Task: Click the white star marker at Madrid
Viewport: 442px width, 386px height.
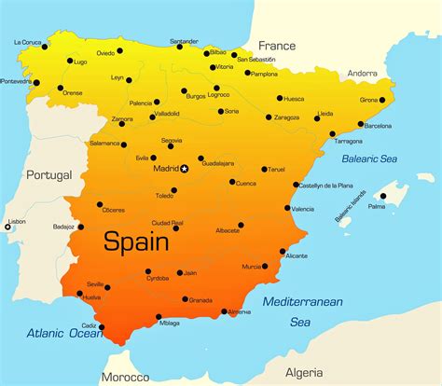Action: (x=185, y=169)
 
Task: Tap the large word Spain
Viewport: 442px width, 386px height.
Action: (x=136, y=242)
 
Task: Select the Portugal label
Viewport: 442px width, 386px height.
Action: (x=48, y=175)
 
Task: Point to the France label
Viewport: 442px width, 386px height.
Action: (x=276, y=45)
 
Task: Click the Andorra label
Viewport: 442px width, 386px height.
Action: (x=362, y=73)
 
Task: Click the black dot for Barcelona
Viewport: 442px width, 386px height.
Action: (x=358, y=117)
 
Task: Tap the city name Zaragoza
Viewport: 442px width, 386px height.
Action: (x=286, y=118)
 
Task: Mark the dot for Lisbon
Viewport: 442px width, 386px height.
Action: (x=7, y=227)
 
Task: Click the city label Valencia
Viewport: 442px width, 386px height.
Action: (x=302, y=209)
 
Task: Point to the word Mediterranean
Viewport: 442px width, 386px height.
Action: (x=302, y=301)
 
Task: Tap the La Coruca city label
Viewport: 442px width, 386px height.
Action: (x=30, y=42)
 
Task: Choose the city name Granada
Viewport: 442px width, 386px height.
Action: (x=200, y=300)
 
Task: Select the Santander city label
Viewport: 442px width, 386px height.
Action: (x=183, y=41)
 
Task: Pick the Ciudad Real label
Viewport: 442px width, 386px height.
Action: (x=167, y=223)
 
